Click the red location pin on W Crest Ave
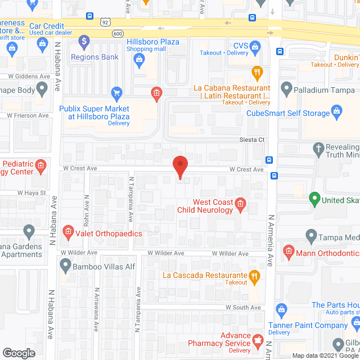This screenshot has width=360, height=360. pos(180,166)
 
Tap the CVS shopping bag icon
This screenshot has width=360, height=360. pos(255,46)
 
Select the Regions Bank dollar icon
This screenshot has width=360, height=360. pos(84,41)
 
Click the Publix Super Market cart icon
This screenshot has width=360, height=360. pos(116,92)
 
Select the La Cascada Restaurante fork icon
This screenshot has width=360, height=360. pos(254,275)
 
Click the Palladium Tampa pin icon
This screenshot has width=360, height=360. pos(286,88)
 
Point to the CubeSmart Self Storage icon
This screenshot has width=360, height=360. pos(337,110)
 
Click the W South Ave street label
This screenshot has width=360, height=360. pos(243,308)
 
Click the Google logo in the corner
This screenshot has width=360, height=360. pos(18,353)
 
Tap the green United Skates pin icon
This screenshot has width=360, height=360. pos(314,199)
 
